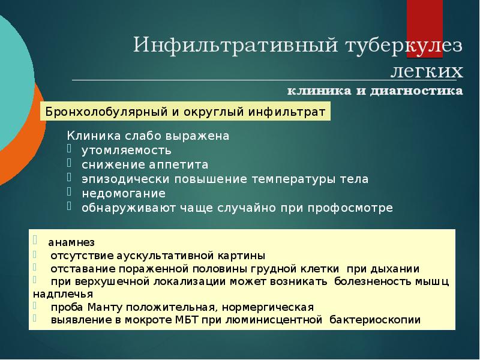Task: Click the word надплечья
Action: click(63, 294)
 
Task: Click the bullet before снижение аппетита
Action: click(70, 163)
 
